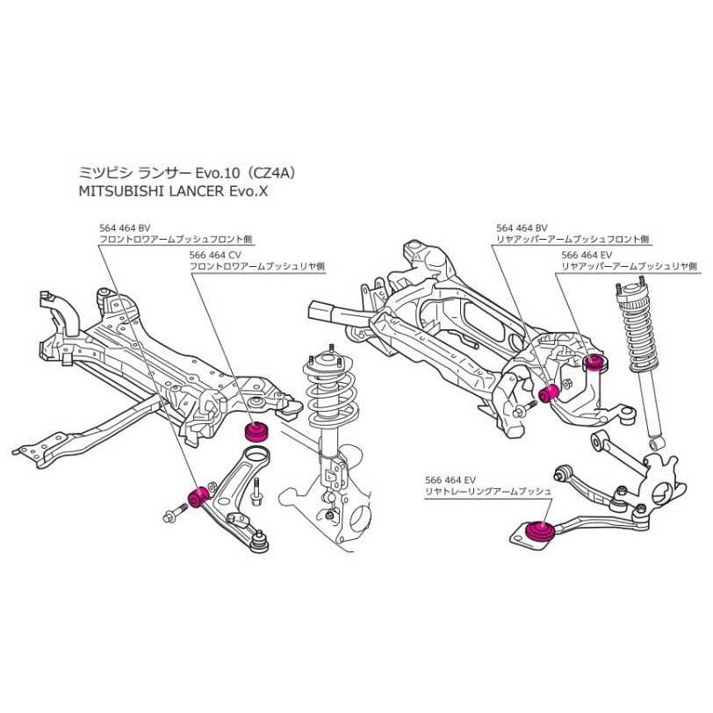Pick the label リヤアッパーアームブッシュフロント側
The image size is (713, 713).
click(x=572, y=238)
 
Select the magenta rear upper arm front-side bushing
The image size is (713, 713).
click(x=552, y=392)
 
